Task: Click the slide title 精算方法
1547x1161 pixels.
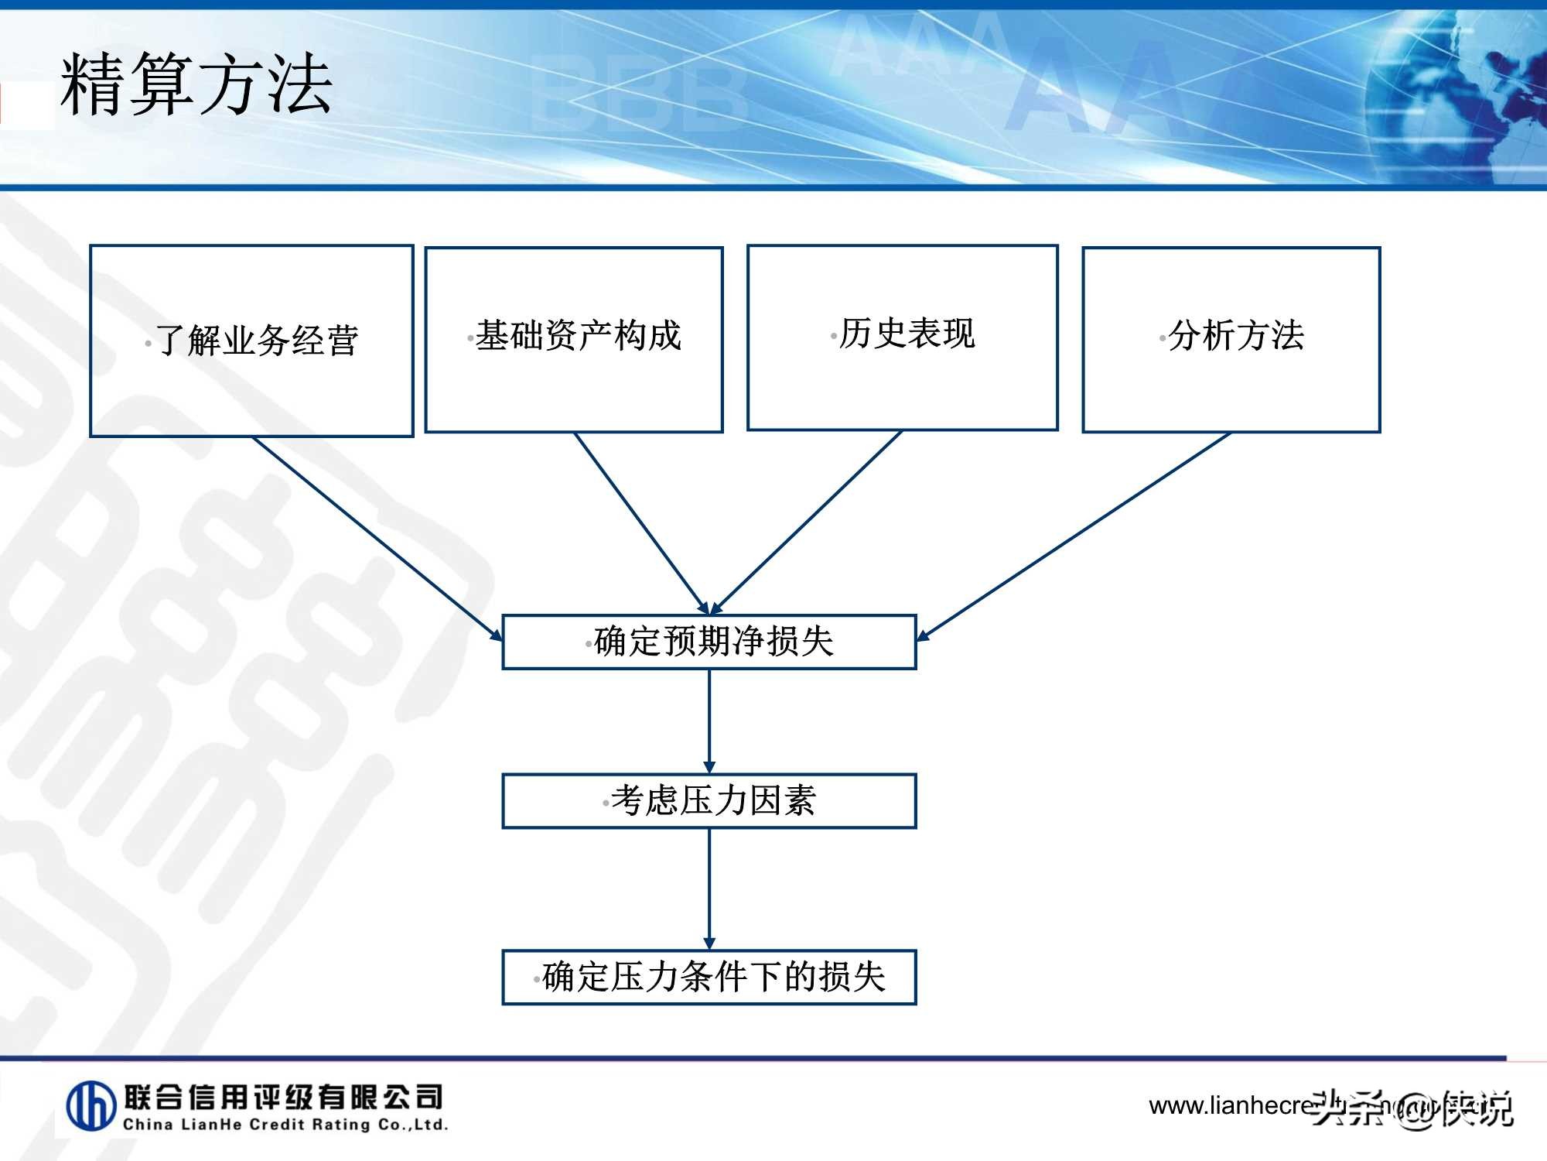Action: click(x=196, y=84)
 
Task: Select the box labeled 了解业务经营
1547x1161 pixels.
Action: click(x=251, y=341)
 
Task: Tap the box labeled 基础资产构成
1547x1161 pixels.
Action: click(x=574, y=339)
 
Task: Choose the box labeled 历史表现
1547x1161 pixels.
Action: click(x=902, y=337)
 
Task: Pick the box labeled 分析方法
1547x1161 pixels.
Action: click(x=1231, y=339)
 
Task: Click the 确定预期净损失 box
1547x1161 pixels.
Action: click(x=709, y=642)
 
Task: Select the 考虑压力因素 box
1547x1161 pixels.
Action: click(x=709, y=801)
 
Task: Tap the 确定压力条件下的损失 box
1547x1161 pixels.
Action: click(x=709, y=977)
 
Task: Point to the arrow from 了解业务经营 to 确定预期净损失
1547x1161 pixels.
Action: click(x=377, y=538)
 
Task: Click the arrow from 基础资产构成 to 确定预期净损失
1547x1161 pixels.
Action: click(x=641, y=522)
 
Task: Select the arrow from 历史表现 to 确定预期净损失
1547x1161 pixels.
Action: click(x=807, y=522)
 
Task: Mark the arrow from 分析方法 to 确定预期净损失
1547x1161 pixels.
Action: click(x=1074, y=536)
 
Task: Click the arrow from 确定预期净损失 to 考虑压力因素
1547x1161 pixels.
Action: click(x=709, y=720)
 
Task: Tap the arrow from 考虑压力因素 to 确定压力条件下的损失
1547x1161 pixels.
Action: click(x=709, y=889)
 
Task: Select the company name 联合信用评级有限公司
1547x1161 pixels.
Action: click(x=283, y=1097)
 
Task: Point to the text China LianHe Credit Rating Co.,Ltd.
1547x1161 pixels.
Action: click(x=285, y=1125)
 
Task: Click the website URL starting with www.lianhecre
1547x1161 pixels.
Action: click(x=1230, y=1105)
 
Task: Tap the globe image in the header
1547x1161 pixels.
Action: click(x=1462, y=101)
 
